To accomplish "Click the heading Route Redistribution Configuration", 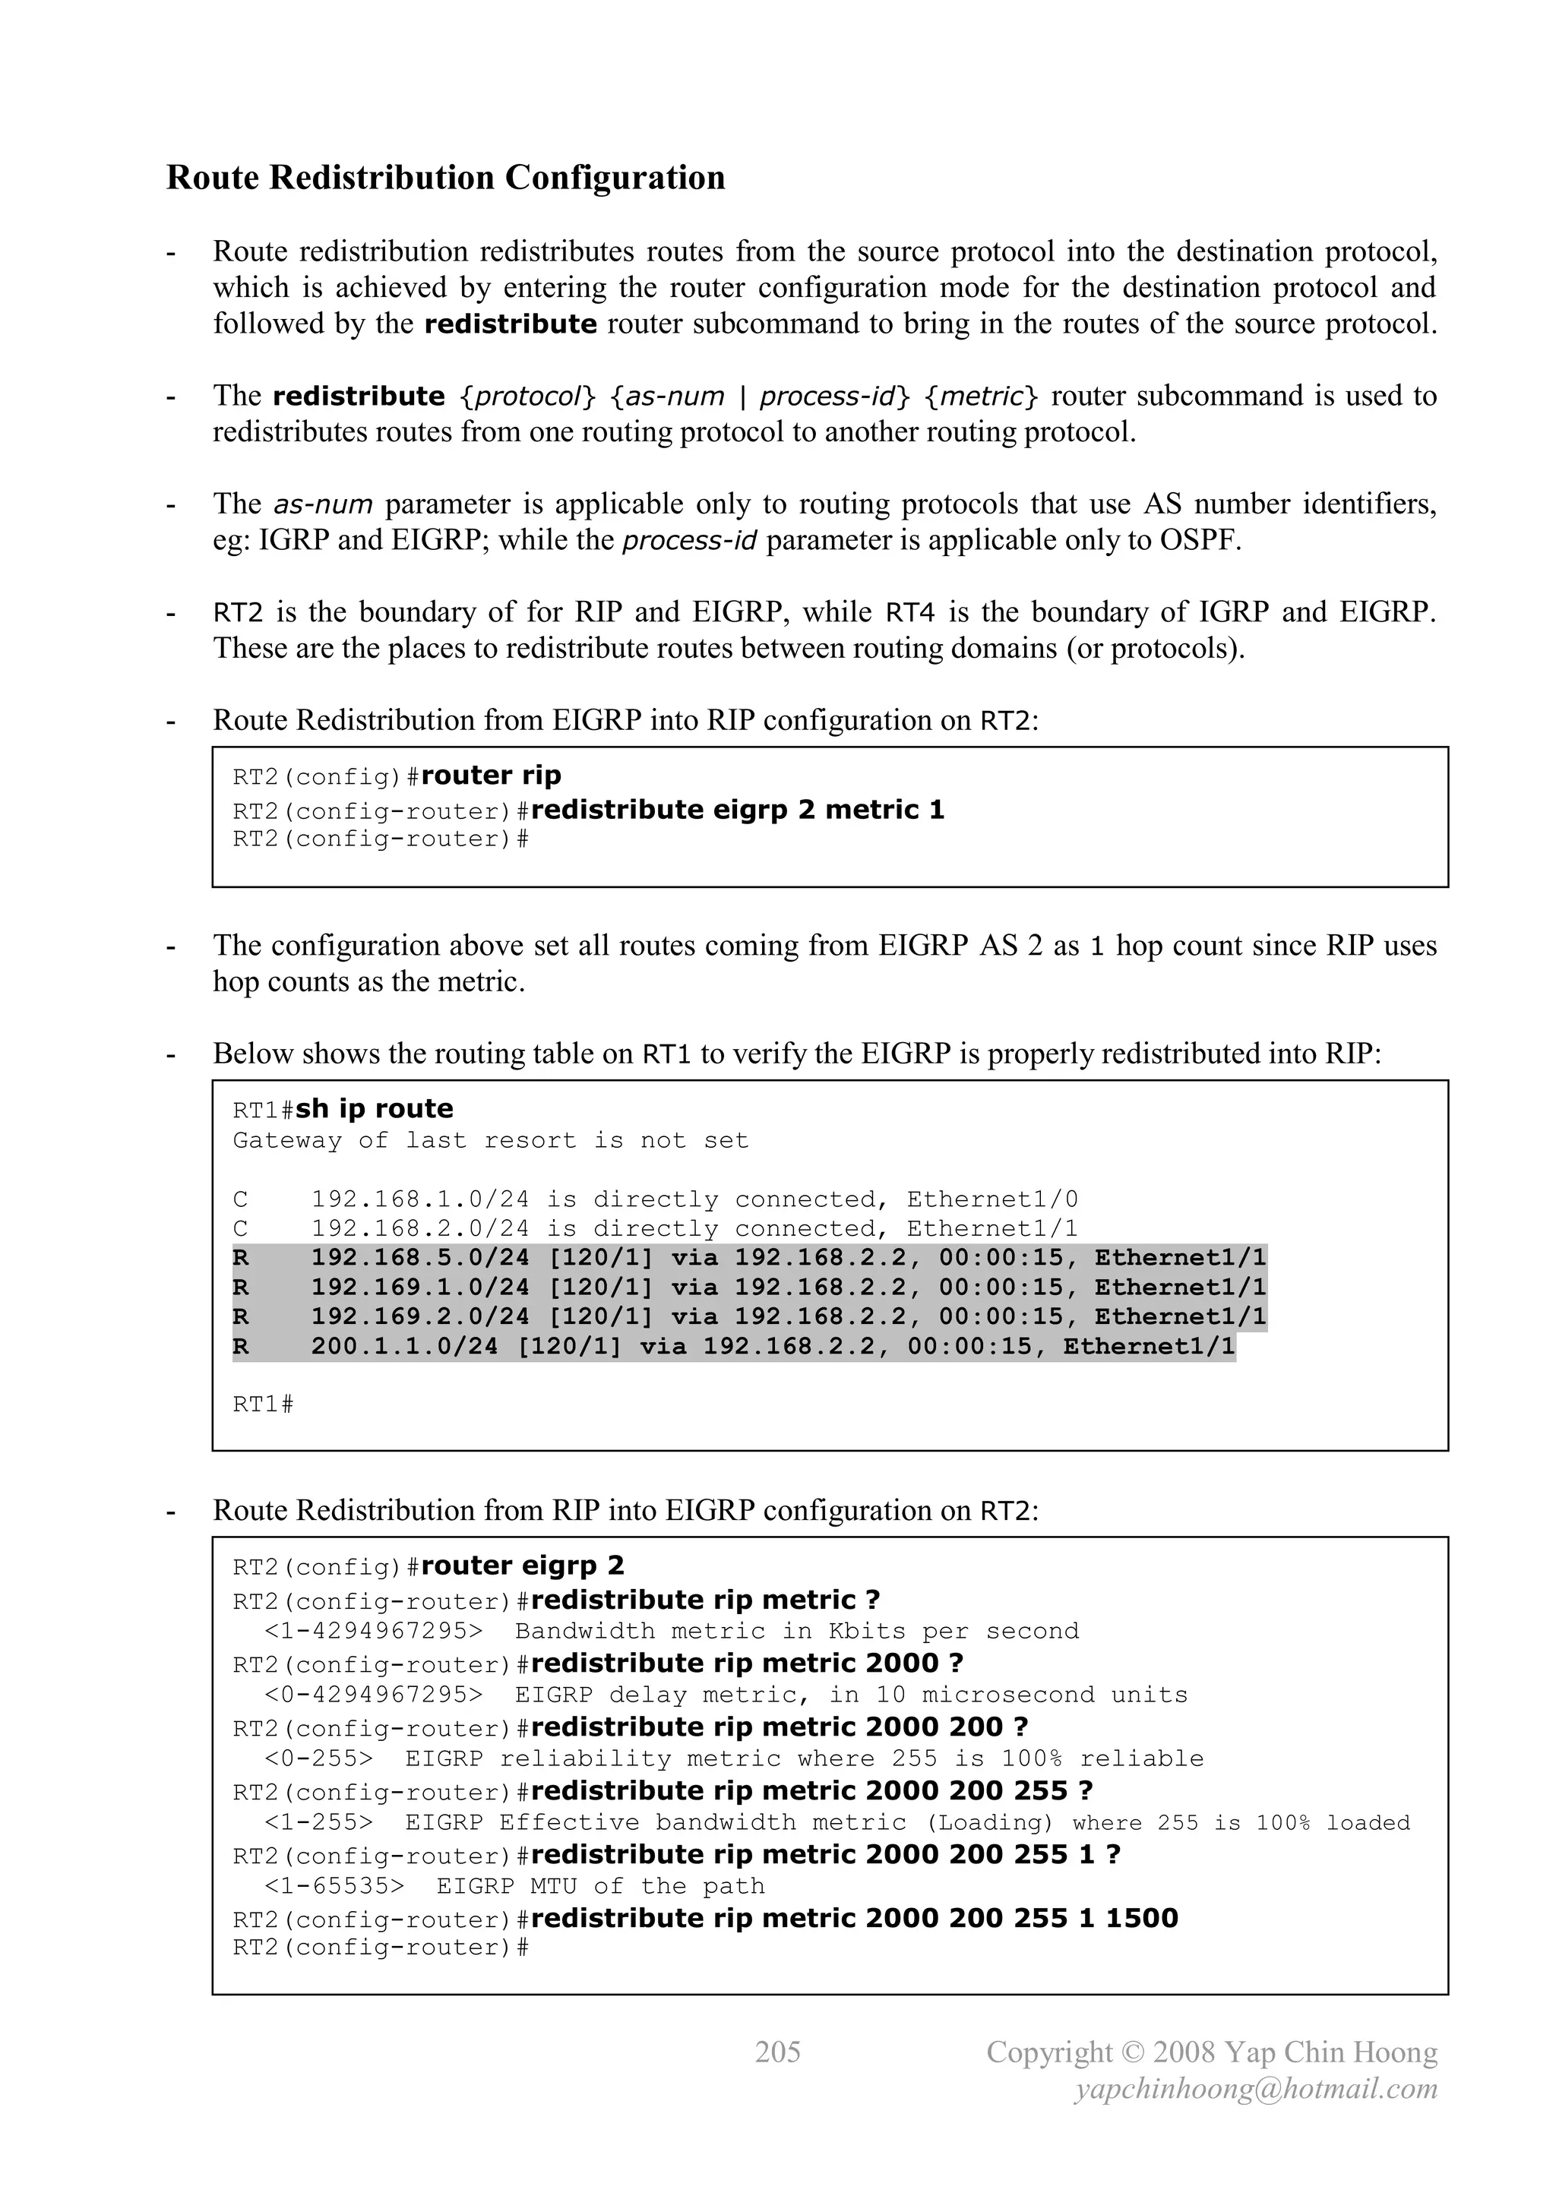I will [445, 179].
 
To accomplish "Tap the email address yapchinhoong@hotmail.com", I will [1256, 2088].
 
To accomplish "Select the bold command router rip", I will [491, 775].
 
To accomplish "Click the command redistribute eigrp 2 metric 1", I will [737, 810].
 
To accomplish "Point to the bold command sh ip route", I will [374, 1108].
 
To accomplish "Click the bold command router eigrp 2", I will [522, 1565].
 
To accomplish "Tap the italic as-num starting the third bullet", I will [323, 504].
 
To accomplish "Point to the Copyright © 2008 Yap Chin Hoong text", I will [1211, 2052].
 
